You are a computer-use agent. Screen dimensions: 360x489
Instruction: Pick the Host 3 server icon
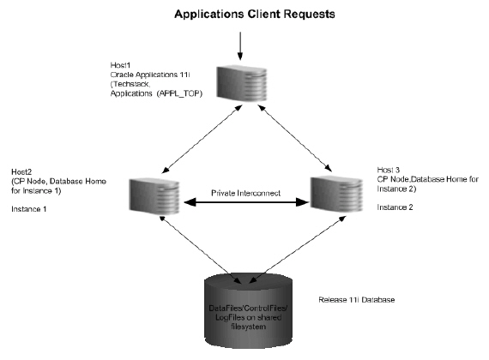329,195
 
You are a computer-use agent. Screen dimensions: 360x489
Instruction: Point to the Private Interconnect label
243,194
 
